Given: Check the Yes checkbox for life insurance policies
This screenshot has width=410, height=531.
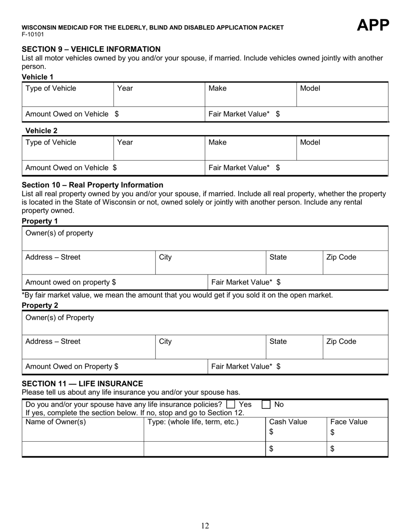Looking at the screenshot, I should point(231,405).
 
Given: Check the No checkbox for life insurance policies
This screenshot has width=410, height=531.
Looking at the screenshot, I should point(267,405).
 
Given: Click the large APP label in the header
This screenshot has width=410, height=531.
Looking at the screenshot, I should point(373,26).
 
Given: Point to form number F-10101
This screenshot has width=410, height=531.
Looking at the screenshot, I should point(33,34).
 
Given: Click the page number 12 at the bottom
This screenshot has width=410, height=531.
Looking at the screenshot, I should point(205,525).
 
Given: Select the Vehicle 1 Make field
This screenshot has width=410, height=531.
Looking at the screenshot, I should point(250,95).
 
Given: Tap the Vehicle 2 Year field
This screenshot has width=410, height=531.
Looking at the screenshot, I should point(158,149).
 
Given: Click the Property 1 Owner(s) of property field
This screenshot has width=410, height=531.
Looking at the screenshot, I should point(205,238).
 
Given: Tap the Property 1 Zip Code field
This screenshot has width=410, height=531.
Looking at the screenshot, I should point(355,262).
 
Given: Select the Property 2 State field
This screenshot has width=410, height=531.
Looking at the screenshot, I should point(294,347).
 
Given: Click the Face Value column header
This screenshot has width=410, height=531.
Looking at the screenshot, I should point(349,422).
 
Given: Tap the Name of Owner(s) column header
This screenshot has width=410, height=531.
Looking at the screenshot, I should point(56,422).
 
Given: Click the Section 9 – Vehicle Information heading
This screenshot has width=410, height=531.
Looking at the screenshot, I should point(91,49).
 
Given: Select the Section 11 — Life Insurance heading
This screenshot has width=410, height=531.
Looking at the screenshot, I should point(82,383).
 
